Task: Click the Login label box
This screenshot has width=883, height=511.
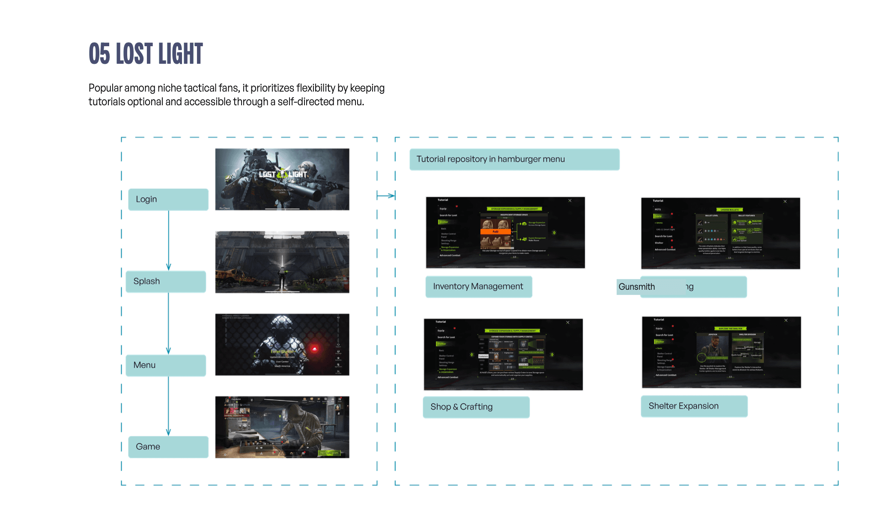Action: click(168, 199)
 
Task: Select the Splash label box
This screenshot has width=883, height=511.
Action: click(166, 282)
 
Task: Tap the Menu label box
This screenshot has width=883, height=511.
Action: click(166, 365)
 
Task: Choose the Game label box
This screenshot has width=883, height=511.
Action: click(168, 447)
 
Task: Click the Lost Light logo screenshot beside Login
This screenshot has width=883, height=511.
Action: click(282, 179)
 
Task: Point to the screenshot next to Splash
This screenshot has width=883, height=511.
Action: click(282, 262)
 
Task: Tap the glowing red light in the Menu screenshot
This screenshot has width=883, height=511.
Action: click(315, 349)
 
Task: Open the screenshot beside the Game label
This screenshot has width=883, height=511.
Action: click(282, 427)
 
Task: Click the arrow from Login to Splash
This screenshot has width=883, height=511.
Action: click(169, 240)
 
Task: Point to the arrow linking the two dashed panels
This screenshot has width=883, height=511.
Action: click(386, 196)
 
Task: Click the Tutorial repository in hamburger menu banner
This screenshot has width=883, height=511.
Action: click(514, 160)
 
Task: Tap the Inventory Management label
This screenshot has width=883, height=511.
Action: click(478, 287)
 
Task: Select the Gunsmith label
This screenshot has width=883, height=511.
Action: click(637, 287)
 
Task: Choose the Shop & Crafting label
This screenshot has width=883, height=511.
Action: click(476, 407)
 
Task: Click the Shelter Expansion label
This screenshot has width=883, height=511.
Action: click(694, 406)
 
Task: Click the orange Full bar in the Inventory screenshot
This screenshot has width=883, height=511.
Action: click(495, 232)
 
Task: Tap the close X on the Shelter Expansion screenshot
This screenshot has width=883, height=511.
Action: click(786, 320)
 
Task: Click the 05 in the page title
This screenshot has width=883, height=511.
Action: click(99, 54)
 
